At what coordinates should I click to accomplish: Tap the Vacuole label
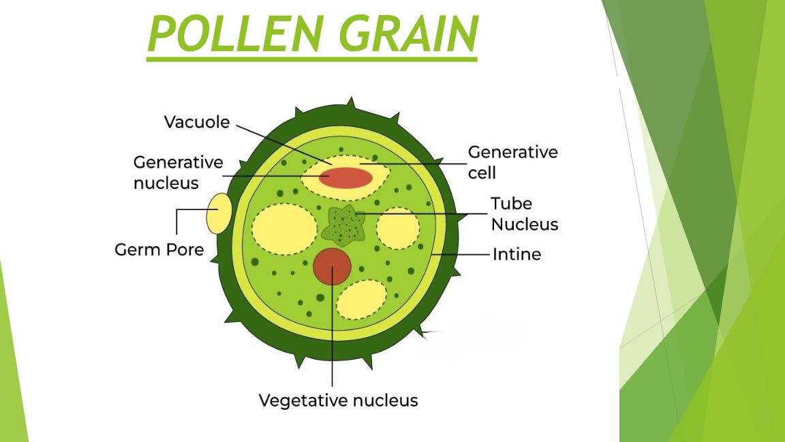[x=197, y=122]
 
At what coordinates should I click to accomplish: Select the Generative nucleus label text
[x=178, y=173]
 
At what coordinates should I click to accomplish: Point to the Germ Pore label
[x=159, y=250]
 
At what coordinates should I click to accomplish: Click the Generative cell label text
[x=512, y=162]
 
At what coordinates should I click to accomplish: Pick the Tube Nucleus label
[x=524, y=213]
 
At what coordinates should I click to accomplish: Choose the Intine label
[x=517, y=254]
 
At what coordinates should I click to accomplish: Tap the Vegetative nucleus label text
[x=338, y=400]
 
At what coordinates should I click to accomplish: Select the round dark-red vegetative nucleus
[x=332, y=267]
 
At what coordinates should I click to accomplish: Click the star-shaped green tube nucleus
[x=343, y=226]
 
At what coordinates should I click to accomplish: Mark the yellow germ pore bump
[x=219, y=213]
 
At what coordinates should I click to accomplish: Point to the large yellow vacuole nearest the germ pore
[x=281, y=229]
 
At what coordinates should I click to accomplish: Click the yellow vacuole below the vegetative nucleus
[x=361, y=299]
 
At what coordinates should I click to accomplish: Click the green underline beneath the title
[x=311, y=59]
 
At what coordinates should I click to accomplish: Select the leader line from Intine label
[x=463, y=254]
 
